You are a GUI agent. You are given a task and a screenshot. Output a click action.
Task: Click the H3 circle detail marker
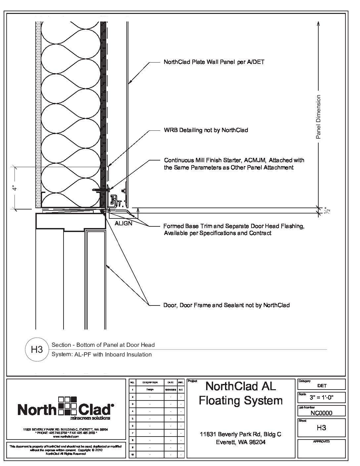[37, 349]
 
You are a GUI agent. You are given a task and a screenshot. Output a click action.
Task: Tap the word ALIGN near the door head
[123, 223]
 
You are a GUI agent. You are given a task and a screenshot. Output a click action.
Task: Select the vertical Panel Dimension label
[318, 117]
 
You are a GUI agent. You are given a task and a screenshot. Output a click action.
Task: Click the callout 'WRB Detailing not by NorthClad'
[206, 130]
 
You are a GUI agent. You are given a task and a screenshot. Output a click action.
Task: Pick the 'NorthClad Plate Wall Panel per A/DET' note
[214, 62]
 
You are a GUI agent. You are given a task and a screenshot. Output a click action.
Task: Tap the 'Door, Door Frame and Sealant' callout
[226, 305]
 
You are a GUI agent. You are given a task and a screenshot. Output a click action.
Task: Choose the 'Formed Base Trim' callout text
[234, 230]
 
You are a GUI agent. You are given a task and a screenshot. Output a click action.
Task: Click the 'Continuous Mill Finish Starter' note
[234, 164]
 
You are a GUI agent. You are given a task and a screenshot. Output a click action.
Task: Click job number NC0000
[321, 413]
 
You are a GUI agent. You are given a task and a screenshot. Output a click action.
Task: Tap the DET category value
[321, 386]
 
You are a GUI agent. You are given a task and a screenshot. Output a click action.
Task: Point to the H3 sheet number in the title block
[321, 428]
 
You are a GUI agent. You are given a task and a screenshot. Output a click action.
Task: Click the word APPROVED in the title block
[321, 442]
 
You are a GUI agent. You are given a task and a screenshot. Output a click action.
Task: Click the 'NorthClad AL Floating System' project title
[241, 393]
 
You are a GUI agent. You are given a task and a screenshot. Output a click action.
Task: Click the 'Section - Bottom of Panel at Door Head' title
[103, 345]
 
